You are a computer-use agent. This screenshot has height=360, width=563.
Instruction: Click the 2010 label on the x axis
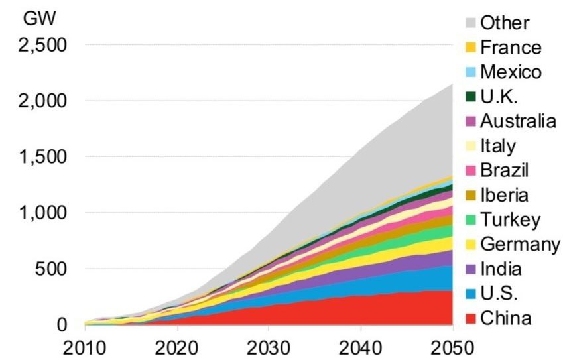click(x=86, y=347)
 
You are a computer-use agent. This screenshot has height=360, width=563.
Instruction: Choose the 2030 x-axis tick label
click(x=269, y=347)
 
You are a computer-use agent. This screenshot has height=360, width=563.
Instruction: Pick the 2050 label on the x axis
click(x=452, y=347)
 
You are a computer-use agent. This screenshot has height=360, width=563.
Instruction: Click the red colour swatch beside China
click(x=470, y=319)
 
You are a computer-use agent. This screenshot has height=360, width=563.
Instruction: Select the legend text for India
click(x=501, y=269)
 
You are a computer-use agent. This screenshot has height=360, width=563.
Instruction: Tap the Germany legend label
click(x=520, y=244)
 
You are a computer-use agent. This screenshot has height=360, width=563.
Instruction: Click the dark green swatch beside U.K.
click(x=470, y=97)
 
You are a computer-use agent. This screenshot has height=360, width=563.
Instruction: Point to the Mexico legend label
click(x=510, y=72)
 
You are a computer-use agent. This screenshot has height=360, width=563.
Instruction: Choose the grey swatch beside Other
click(x=470, y=23)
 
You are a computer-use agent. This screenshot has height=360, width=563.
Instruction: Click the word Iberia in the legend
click(x=505, y=195)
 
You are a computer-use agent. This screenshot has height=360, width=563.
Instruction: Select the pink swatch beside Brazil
click(x=470, y=170)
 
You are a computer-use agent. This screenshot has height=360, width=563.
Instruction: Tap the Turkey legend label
click(x=510, y=219)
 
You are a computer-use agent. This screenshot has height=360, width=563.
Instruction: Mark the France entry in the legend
click(x=510, y=47)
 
